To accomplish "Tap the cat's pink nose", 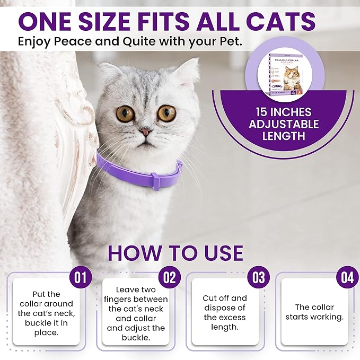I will (145, 131).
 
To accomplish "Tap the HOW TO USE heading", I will (175, 252).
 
